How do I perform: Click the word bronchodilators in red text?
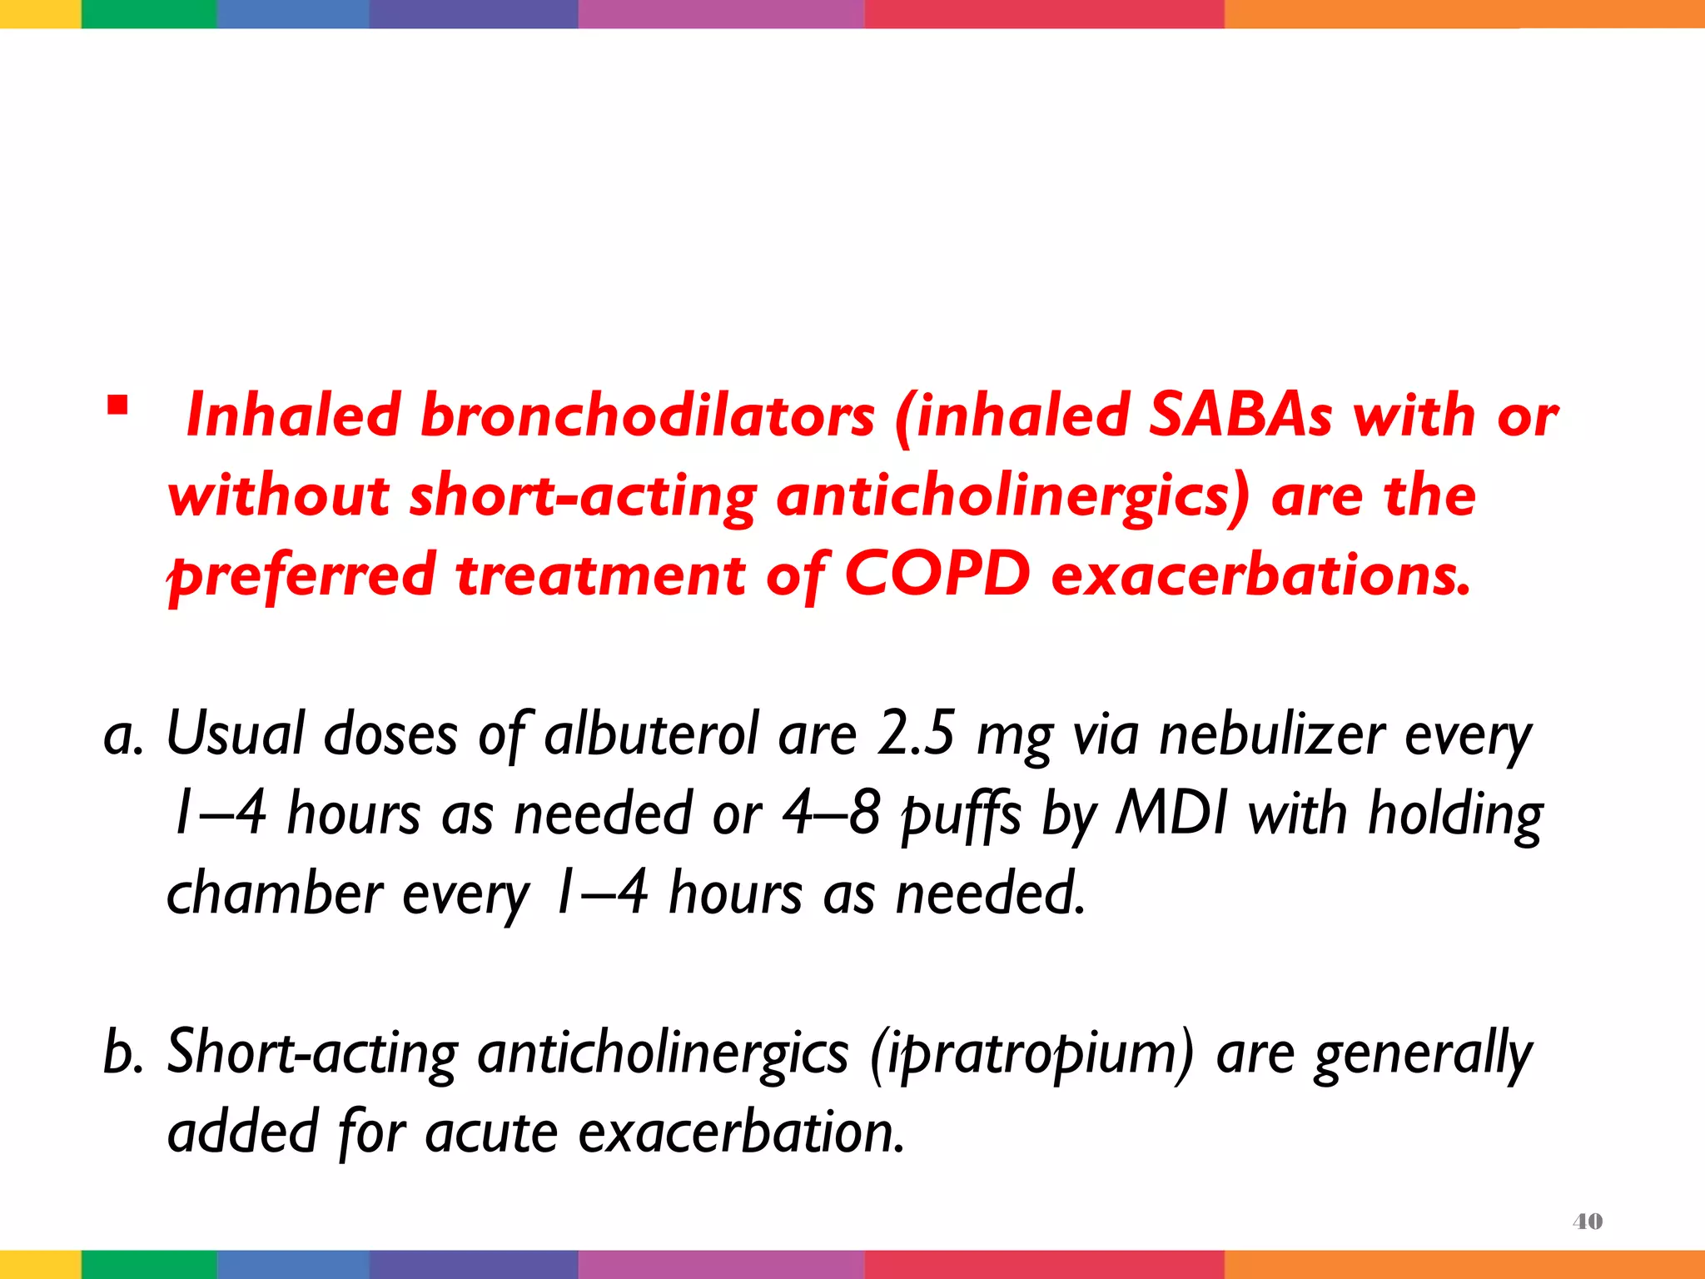[x=647, y=415]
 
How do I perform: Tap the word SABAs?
[x=1240, y=415]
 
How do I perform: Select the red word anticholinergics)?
[x=1012, y=495]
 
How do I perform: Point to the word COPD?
[x=937, y=575]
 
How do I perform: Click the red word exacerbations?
[x=1260, y=575]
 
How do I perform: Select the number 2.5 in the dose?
[x=915, y=734]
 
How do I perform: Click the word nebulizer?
[x=1271, y=734]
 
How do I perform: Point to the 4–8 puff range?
[x=831, y=814]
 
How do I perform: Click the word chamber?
[x=275, y=893]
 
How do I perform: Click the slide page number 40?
[x=1587, y=1222]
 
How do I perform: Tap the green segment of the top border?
[x=148, y=13]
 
